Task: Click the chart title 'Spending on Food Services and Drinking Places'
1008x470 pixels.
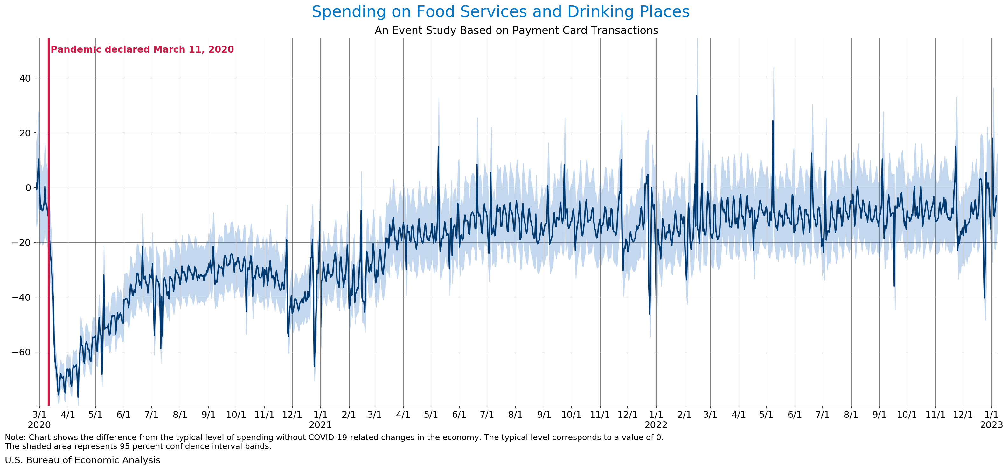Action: click(x=500, y=12)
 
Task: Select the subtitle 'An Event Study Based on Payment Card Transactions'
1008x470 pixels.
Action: click(x=516, y=31)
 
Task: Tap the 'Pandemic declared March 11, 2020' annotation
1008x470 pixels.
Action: click(x=142, y=50)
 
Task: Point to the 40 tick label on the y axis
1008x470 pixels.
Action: click(x=25, y=78)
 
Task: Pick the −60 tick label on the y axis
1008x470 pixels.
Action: click(x=22, y=352)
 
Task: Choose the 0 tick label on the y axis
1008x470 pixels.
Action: click(x=28, y=188)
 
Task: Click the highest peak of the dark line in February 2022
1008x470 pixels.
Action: click(x=697, y=96)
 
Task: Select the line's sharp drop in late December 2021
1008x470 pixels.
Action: click(x=650, y=314)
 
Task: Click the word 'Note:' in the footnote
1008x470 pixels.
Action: click(x=15, y=438)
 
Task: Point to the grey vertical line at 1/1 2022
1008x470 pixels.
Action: click(x=656, y=235)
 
